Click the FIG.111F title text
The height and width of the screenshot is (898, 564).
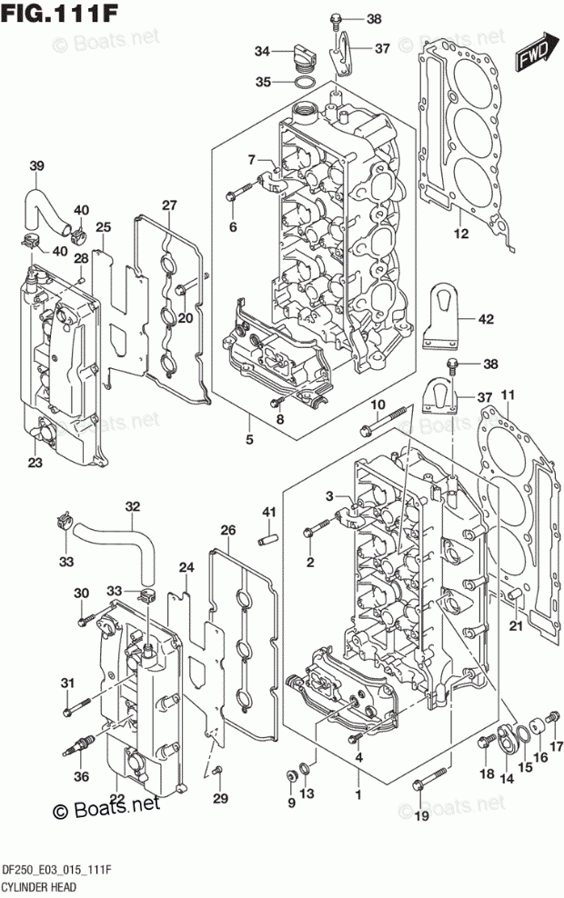point(59,13)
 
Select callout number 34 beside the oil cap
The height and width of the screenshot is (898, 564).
point(263,52)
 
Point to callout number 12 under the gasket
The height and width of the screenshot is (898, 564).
point(461,234)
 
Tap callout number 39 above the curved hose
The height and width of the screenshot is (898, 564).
point(36,166)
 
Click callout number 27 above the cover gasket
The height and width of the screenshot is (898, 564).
point(169,205)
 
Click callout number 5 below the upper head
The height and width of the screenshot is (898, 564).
point(250,440)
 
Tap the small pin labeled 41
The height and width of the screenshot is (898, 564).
point(269,540)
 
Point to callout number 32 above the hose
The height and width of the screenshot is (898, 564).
point(133,507)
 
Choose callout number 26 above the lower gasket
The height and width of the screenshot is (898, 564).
point(228,530)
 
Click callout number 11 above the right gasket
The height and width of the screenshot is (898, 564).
point(508,395)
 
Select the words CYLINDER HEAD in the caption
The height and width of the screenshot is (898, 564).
point(39,887)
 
